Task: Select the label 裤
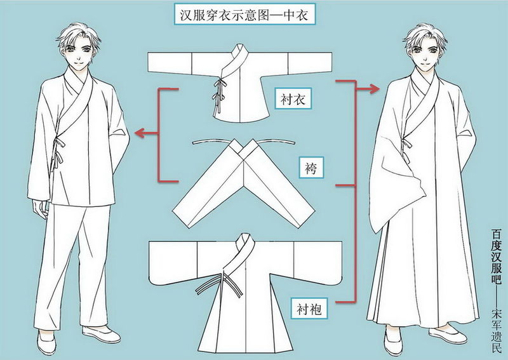[x=313, y=169]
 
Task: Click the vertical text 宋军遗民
[x=497, y=330]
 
